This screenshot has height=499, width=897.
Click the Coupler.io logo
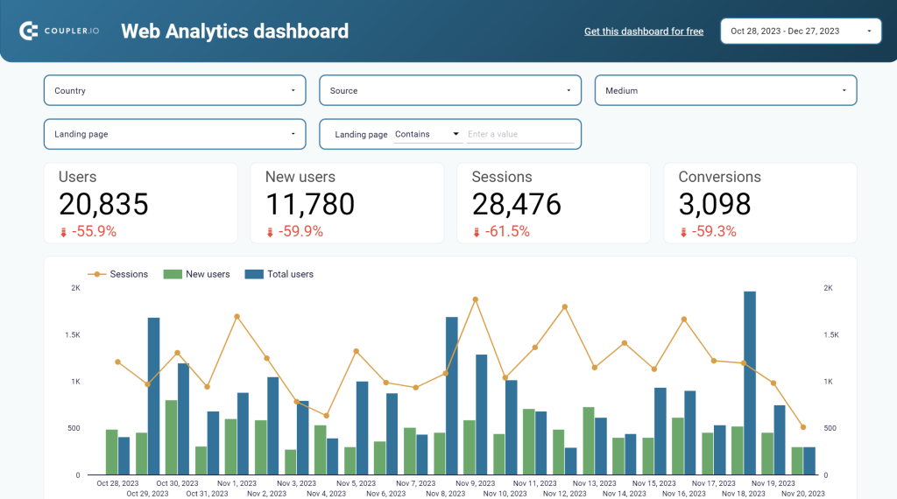(x=57, y=32)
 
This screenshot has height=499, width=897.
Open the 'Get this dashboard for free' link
(x=644, y=32)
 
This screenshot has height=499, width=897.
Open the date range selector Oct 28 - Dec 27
(x=801, y=31)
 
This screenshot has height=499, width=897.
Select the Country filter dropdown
(x=174, y=90)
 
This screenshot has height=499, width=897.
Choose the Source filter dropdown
(x=449, y=90)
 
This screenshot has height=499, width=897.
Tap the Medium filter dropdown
(x=725, y=90)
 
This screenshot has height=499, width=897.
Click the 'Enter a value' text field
(x=519, y=135)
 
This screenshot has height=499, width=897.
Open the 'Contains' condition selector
(x=427, y=135)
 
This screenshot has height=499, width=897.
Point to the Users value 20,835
(x=103, y=204)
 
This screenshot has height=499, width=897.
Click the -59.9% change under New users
(x=300, y=232)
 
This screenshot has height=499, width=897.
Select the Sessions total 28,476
(x=517, y=204)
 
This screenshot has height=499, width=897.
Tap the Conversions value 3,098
(x=715, y=204)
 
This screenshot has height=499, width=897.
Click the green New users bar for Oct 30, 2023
(x=172, y=438)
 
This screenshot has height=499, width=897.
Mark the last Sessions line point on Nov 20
(x=803, y=427)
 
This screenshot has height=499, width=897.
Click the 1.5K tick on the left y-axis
(x=72, y=335)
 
